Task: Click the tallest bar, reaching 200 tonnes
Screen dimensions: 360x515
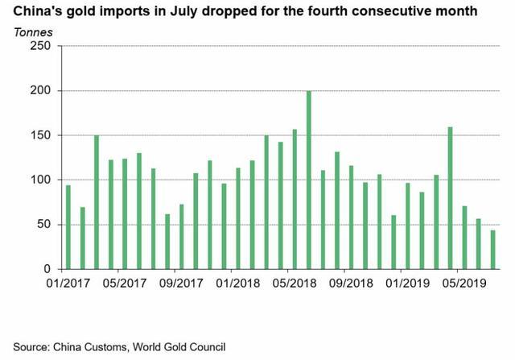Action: (x=309, y=180)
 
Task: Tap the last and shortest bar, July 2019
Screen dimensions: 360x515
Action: (x=492, y=250)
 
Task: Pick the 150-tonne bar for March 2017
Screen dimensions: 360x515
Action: (x=97, y=202)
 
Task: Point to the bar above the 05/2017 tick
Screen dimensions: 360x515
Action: (x=125, y=213)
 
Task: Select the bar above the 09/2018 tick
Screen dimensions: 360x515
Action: (x=351, y=217)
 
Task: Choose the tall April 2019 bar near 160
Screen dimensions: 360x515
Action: (x=450, y=198)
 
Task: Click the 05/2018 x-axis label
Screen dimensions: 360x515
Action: (x=294, y=284)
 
